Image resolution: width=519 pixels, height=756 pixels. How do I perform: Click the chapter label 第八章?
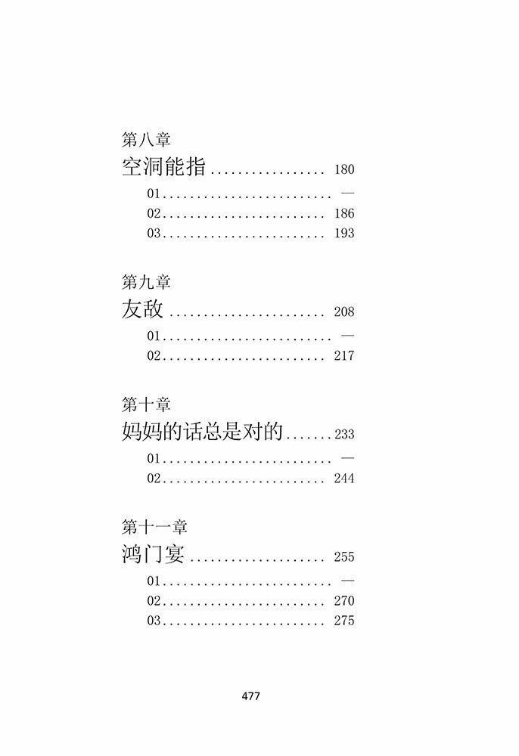[146, 140]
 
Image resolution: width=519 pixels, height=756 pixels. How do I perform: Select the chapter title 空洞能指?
[163, 167]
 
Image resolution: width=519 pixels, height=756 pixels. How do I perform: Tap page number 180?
[343, 170]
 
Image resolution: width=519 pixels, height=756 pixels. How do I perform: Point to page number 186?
[343, 214]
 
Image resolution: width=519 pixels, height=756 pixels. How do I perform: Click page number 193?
[343, 234]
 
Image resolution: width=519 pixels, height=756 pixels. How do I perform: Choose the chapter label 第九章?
[146, 282]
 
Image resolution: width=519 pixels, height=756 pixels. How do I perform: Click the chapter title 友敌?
[141, 309]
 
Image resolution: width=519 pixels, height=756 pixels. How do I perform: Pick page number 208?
[343, 312]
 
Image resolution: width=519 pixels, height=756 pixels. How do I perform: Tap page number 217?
[343, 356]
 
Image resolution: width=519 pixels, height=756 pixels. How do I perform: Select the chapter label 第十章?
[146, 404]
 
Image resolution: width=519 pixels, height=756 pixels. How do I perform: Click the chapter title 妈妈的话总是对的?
[202, 432]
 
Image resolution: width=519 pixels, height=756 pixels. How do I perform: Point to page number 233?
[344, 435]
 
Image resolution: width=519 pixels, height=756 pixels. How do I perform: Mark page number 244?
[343, 479]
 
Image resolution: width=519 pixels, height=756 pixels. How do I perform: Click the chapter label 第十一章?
[154, 527]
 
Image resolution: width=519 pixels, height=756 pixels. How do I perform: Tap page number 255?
[343, 557]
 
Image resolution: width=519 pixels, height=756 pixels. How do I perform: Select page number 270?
[343, 601]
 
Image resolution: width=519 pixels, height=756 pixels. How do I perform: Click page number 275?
[343, 621]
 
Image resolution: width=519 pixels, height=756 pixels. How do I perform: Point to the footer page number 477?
[250, 696]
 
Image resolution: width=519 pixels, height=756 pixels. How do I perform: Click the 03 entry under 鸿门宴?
[155, 621]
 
